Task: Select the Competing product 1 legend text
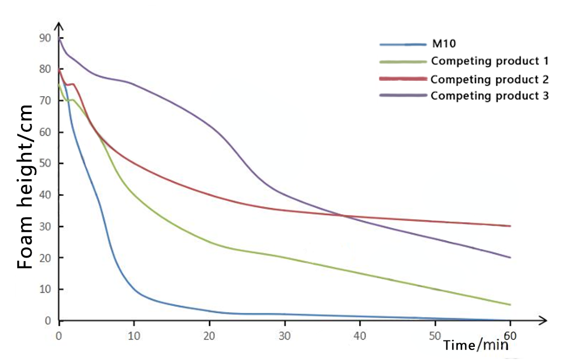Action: tap(490, 61)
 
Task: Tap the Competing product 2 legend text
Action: tap(490, 79)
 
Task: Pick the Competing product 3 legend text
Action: tap(490, 96)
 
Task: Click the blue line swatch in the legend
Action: tap(402, 44)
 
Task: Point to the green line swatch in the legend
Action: tap(402, 61)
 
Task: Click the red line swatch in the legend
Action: tap(402, 79)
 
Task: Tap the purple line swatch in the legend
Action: tap(402, 96)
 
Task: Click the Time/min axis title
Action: tap(476, 346)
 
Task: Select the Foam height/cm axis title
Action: tap(25, 187)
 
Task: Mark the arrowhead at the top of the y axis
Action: tap(59, 26)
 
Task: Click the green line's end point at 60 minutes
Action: tap(509, 305)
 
